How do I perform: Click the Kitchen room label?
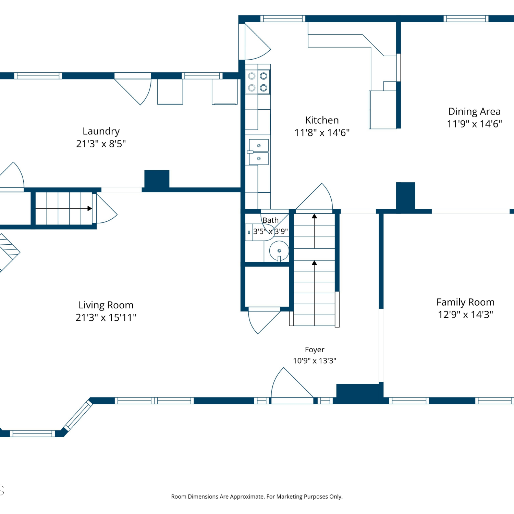tap(322, 120)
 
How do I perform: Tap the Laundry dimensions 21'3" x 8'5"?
tap(101, 144)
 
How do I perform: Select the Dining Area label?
tap(474, 112)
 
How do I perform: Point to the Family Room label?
tap(465, 302)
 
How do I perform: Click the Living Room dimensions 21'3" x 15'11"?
tap(106, 317)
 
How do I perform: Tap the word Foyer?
tap(315, 350)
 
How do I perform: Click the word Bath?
tap(270, 220)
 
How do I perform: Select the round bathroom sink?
tap(279, 251)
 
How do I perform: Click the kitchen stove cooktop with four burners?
tap(258, 82)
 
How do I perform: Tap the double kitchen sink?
tap(259, 152)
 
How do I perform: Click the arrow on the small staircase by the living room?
tap(64, 208)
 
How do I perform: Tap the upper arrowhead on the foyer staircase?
tap(314, 216)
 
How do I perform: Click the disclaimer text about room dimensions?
tap(257, 497)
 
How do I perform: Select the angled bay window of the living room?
tap(78, 416)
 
